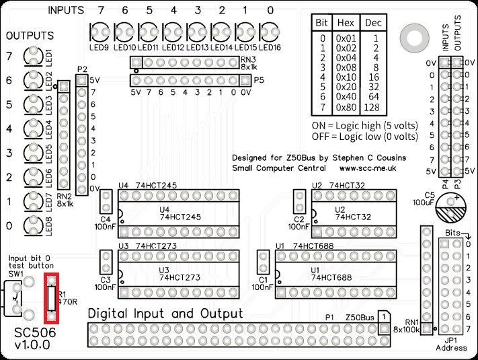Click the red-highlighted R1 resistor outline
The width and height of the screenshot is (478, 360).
tap(46, 298)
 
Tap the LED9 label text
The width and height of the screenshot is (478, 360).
tap(99, 48)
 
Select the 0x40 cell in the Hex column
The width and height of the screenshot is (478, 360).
tap(346, 97)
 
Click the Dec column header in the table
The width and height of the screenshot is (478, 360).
tap(373, 23)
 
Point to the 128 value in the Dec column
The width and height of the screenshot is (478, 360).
tap(372, 108)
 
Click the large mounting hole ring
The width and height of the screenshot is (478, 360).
tap(414, 38)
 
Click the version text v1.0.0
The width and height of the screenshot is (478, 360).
tap(32, 345)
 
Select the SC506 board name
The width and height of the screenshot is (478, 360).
tap(36, 332)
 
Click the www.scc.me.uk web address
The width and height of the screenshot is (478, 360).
tap(368, 168)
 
